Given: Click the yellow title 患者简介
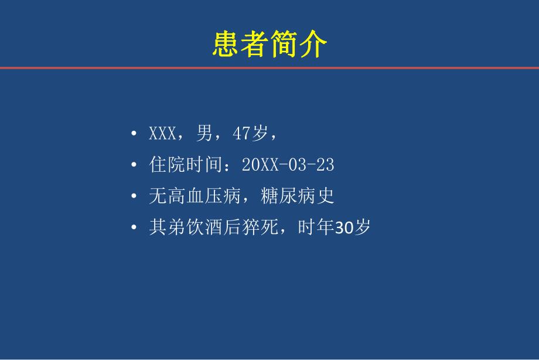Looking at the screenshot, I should (x=269, y=44).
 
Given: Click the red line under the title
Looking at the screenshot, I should (x=269, y=68).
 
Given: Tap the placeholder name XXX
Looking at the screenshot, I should (x=163, y=134).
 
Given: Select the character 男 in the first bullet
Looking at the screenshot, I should (x=204, y=134).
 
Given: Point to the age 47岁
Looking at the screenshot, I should (x=250, y=134).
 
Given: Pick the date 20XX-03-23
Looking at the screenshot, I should (x=288, y=165).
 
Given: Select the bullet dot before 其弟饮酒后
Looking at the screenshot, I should (x=135, y=228).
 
